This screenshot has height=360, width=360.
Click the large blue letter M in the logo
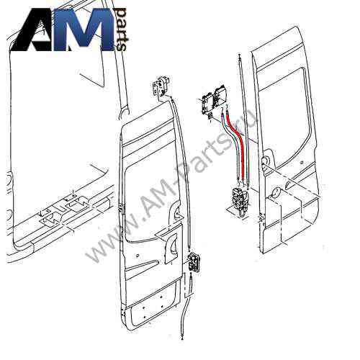84,30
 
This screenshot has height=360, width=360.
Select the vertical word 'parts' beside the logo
120,30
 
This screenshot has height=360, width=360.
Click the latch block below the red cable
240,201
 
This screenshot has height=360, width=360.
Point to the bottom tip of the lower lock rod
183,338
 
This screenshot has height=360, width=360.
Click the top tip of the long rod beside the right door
240,55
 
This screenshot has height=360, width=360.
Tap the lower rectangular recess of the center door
153,303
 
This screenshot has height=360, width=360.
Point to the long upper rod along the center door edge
181,172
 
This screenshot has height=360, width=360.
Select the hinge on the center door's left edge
122,208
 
